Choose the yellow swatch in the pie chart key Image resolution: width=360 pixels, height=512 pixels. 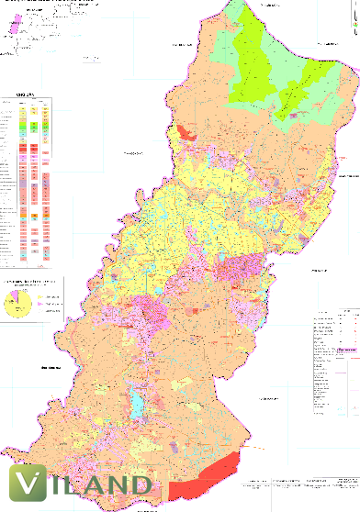(42, 297)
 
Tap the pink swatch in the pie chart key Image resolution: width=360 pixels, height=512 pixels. (42, 308)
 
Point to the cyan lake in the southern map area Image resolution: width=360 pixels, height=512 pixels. (138, 400)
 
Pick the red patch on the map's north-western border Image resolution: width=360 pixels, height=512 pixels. (187, 134)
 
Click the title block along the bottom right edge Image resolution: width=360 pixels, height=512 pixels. (303, 484)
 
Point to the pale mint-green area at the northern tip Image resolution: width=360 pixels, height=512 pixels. (241, 16)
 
